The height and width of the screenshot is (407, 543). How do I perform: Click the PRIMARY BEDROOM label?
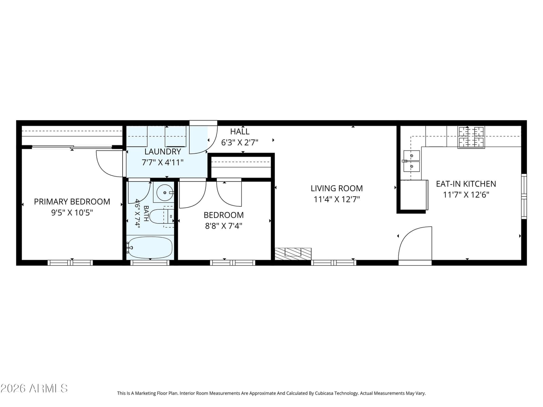[72, 202]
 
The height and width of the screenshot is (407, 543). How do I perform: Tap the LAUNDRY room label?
[163, 152]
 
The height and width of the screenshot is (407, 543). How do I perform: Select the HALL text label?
[240, 132]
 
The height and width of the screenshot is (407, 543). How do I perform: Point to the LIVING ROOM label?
[337, 188]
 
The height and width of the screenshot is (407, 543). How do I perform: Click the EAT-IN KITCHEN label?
[466, 184]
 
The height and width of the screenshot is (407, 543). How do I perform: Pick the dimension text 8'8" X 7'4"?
[224, 226]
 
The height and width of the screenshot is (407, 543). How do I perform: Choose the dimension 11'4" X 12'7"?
[337, 199]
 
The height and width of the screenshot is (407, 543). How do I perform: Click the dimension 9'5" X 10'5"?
[72, 213]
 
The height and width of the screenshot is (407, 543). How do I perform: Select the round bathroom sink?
[165, 193]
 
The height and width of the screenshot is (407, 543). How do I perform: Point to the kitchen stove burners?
[471, 137]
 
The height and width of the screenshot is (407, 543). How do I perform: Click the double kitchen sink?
[411, 161]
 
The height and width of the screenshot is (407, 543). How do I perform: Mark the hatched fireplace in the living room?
[293, 254]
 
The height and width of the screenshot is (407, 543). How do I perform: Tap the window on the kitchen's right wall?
[524, 196]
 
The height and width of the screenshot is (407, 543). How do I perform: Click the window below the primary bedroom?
[70, 263]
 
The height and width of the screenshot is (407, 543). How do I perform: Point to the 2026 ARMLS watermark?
[34, 388]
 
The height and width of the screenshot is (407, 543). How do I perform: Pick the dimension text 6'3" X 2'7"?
[240, 142]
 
